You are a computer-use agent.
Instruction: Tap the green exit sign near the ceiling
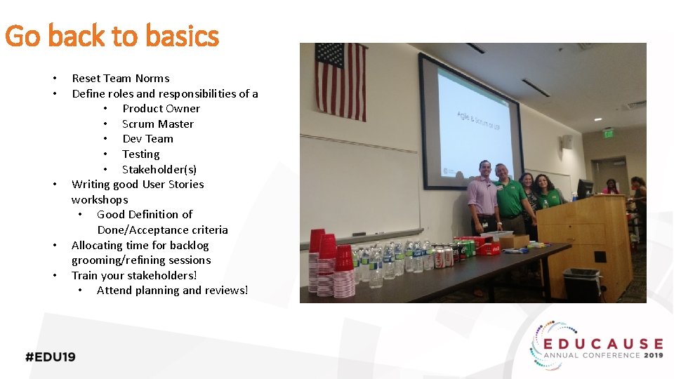point(608,133)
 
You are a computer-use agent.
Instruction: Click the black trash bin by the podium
point(581,284)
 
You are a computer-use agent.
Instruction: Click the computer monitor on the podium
point(585,188)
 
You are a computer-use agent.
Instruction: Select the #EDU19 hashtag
point(51,357)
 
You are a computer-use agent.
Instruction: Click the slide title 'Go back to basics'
point(112,36)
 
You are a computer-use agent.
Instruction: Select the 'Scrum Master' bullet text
point(157,124)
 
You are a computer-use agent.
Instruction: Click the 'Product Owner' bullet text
point(161,109)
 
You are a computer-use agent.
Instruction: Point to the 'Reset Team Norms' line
point(120,79)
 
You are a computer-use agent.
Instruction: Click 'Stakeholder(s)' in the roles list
point(159,169)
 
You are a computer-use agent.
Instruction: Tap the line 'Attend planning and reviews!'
point(172,290)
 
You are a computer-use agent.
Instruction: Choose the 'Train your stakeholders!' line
point(134,275)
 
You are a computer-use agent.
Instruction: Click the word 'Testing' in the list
point(140,154)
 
